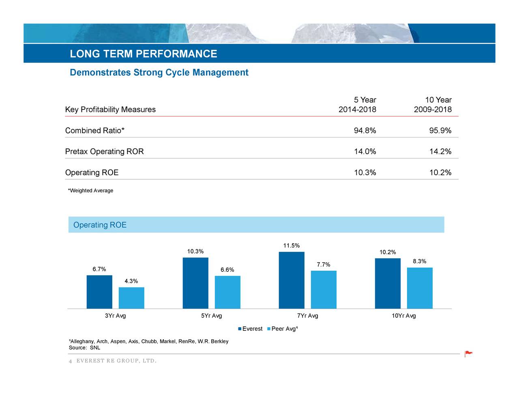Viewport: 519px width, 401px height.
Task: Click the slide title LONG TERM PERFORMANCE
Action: pyautogui.click(x=144, y=54)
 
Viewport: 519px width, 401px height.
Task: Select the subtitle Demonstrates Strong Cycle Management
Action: pyautogui.click(x=159, y=73)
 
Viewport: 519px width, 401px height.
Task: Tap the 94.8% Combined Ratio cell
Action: pyautogui.click(x=365, y=131)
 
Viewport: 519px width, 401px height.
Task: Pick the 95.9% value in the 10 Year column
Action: pyautogui.click(x=440, y=131)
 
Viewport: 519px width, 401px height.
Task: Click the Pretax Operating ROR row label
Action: pyautogui.click(x=105, y=152)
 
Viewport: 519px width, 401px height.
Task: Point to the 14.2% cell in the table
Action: pyautogui.click(x=440, y=152)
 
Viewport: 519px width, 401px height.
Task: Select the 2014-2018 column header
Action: pyautogui.click(x=357, y=109)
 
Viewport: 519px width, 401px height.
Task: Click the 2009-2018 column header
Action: pyautogui.click(x=433, y=109)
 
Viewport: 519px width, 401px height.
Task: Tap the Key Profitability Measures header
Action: pyautogui.click(x=110, y=109)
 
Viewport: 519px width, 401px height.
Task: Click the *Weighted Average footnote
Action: pyautogui.click(x=91, y=191)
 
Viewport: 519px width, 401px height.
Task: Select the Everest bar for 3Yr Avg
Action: pyautogui.click(x=99, y=292)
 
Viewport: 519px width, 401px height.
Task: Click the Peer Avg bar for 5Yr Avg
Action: pyautogui.click(x=227, y=292)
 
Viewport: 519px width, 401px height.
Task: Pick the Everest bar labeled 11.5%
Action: pyautogui.click(x=292, y=280)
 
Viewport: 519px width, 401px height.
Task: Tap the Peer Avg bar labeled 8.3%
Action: pyautogui.click(x=420, y=288)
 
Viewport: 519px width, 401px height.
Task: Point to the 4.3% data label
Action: pyautogui.click(x=131, y=281)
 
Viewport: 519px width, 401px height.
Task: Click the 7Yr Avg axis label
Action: pyautogui.click(x=307, y=316)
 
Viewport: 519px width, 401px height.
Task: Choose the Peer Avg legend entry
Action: pyautogui.click(x=283, y=329)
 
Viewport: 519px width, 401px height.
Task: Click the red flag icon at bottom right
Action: pyautogui.click(x=469, y=354)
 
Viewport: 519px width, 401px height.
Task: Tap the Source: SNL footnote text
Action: pyautogui.click(x=84, y=348)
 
